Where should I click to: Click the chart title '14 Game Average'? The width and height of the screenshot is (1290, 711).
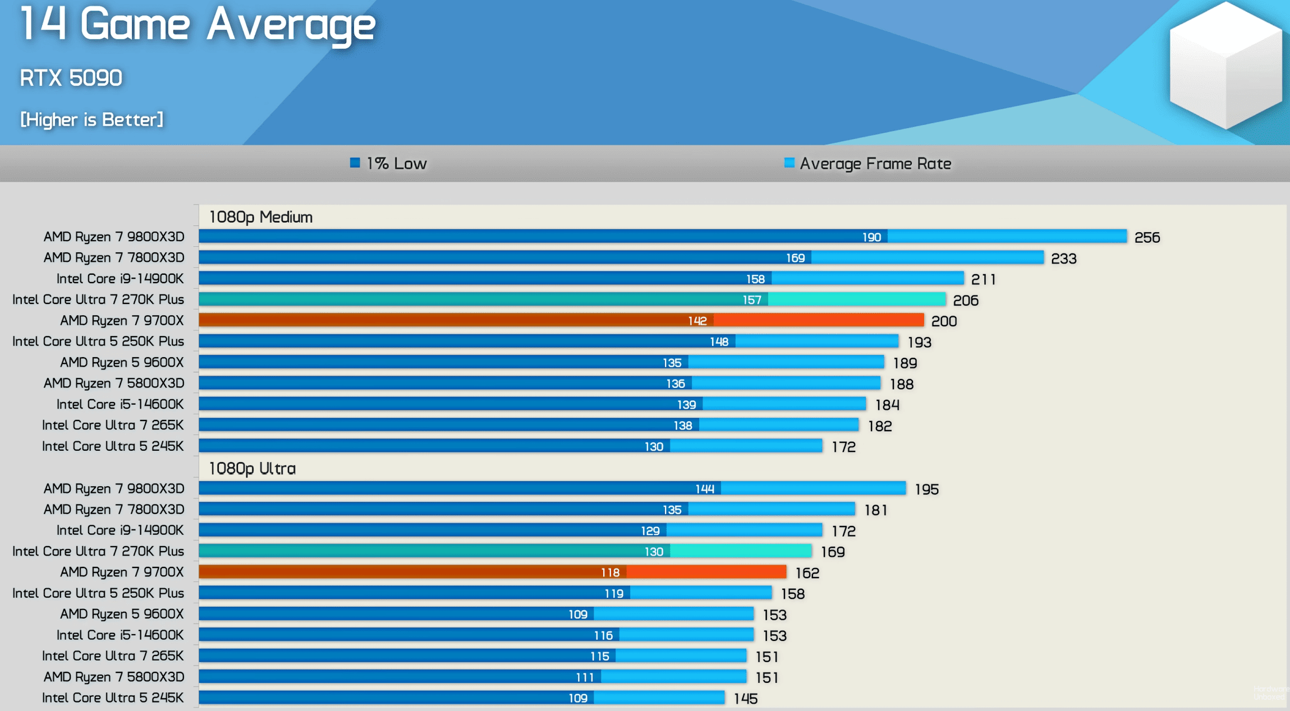[x=198, y=25]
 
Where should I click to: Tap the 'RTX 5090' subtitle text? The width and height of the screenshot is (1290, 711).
[x=71, y=78]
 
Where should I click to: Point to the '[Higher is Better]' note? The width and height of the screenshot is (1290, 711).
[x=92, y=119]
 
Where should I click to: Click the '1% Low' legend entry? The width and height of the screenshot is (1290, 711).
[x=389, y=163]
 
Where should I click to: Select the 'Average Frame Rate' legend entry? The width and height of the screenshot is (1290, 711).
[x=868, y=163]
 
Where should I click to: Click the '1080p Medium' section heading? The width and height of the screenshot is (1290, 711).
[x=261, y=217]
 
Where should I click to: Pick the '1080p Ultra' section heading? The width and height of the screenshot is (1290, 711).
[x=253, y=468]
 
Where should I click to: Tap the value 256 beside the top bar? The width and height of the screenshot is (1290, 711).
[x=1147, y=238]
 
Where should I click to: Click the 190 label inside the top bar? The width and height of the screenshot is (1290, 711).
[x=871, y=237]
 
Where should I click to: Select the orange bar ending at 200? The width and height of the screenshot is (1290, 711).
[x=561, y=320]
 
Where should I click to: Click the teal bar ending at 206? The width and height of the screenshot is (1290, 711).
[x=572, y=299]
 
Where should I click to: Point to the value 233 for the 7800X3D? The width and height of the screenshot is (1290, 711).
[x=1063, y=258]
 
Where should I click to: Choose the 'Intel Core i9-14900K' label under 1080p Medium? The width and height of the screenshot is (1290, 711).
[x=120, y=279]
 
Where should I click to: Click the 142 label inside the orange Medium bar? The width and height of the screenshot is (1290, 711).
[x=697, y=321]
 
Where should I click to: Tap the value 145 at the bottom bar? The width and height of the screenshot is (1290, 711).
[x=746, y=699]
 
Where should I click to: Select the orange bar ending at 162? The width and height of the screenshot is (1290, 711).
[x=492, y=572]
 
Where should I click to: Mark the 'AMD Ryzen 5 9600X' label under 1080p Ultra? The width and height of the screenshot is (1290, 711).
[x=122, y=614]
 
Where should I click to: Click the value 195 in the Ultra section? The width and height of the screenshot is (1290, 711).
[x=926, y=490]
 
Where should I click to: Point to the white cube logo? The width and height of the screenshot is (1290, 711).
[x=1226, y=64]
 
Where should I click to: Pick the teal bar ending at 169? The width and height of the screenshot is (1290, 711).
[x=505, y=551]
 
